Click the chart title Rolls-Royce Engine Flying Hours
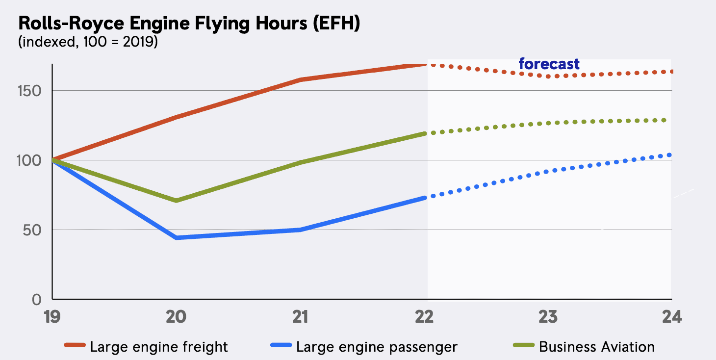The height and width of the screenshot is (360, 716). click(189, 24)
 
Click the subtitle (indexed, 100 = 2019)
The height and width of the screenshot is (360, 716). click(88, 43)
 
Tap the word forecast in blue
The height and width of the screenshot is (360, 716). click(549, 64)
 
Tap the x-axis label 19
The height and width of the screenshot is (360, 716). click(52, 317)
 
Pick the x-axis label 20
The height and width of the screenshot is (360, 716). click(176, 317)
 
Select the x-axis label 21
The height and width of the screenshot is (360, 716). click(300, 317)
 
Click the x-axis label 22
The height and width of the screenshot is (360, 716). click(424, 317)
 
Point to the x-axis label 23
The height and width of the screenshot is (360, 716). click(548, 317)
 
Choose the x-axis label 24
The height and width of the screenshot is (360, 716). click(671, 317)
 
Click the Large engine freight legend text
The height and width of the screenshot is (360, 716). click(159, 347)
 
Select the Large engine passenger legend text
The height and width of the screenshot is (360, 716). click(377, 347)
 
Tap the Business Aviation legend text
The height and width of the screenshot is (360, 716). click(597, 347)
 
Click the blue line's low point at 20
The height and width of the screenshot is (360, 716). click(176, 238)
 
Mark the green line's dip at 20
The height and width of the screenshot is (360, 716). click(176, 201)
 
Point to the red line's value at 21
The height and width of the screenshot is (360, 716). click(300, 79)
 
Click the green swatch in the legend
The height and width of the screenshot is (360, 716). click(523, 347)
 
